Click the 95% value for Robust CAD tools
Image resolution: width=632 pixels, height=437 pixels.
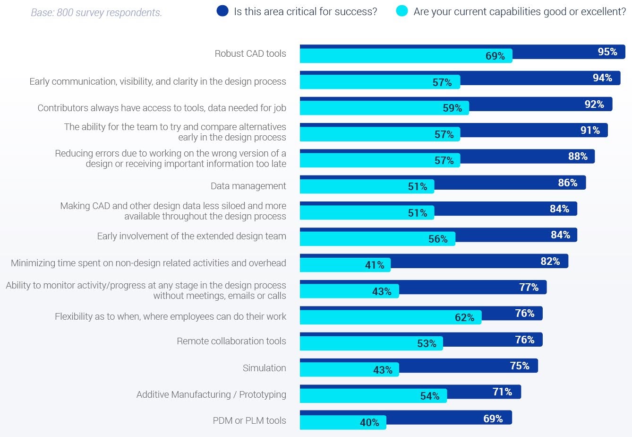pyautogui.click(x=607, y=52)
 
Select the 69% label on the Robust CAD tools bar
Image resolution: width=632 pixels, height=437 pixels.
pyautogui.click(x=495, y=56)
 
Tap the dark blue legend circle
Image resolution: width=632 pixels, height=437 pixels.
pyautogui.click(x=222, y=11)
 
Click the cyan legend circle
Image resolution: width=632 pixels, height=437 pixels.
pyautogui.click(x=401, y=11)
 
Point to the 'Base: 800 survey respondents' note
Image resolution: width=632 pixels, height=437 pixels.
pyautogui.click(x=96, y=13)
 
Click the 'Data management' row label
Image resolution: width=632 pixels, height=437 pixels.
pyautogui.click(x=248, y=186)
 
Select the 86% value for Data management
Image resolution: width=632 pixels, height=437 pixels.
pyautogui.click(x=567, y=183)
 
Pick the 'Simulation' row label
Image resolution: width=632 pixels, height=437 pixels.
pyautogui.click(x=264, y=368)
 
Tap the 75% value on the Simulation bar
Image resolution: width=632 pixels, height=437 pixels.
pyautogui.click(x=520, y=366)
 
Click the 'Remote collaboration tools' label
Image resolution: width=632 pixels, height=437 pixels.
pyautogui.click(x=231, y=341)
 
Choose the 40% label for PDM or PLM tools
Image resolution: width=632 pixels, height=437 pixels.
pyautogui.click(x=369, y=423)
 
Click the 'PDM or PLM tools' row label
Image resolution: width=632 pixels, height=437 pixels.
pyautogui.click(x=249, y=420)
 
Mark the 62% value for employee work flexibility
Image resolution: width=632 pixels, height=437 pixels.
pyautogui.click(x=464, y=318)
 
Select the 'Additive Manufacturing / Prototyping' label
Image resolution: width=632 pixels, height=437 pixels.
pyautogui.click(x=211, y=394)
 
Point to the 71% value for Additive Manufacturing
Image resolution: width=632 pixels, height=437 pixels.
pyautogui.click(x=502, y=392)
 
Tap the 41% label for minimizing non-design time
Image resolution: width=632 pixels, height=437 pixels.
pyautogui.click(x=375, y=265)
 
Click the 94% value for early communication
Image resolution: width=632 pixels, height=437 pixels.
pyautogui.click(x=602, y=78)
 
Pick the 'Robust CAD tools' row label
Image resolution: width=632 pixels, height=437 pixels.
pyautogui.click(x=250, y=53)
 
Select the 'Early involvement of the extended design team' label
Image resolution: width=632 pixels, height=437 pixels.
pyautogui.click(x=191, y=236)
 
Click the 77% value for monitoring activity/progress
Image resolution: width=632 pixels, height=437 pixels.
pyautogui.click(x=529, y=288)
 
